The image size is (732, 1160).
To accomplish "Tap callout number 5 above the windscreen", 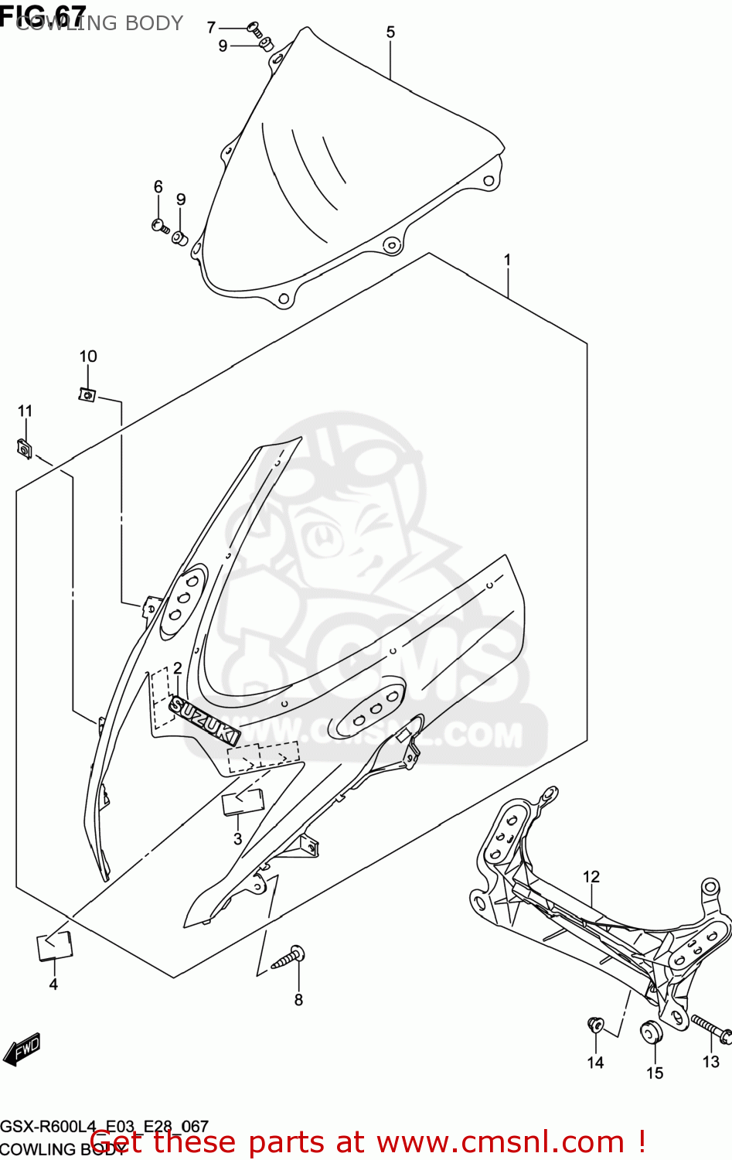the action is [390, 32].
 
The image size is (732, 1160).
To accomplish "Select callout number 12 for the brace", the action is [591, 876].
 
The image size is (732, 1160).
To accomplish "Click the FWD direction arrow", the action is [22, 1049].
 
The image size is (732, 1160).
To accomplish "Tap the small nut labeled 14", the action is [595, 1025].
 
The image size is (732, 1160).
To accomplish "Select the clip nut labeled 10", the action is [87, 394].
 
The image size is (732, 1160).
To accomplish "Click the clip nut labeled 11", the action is [24, 449].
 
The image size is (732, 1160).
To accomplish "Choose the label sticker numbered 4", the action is [54, 946].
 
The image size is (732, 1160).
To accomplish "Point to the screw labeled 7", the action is [254, 29].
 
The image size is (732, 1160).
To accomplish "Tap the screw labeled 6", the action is [159, 226].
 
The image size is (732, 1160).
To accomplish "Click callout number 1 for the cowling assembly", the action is [507, 260].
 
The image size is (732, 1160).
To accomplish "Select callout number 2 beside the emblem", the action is [177, 668].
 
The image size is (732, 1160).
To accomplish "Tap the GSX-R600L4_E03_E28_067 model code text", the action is [104, 1126].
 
